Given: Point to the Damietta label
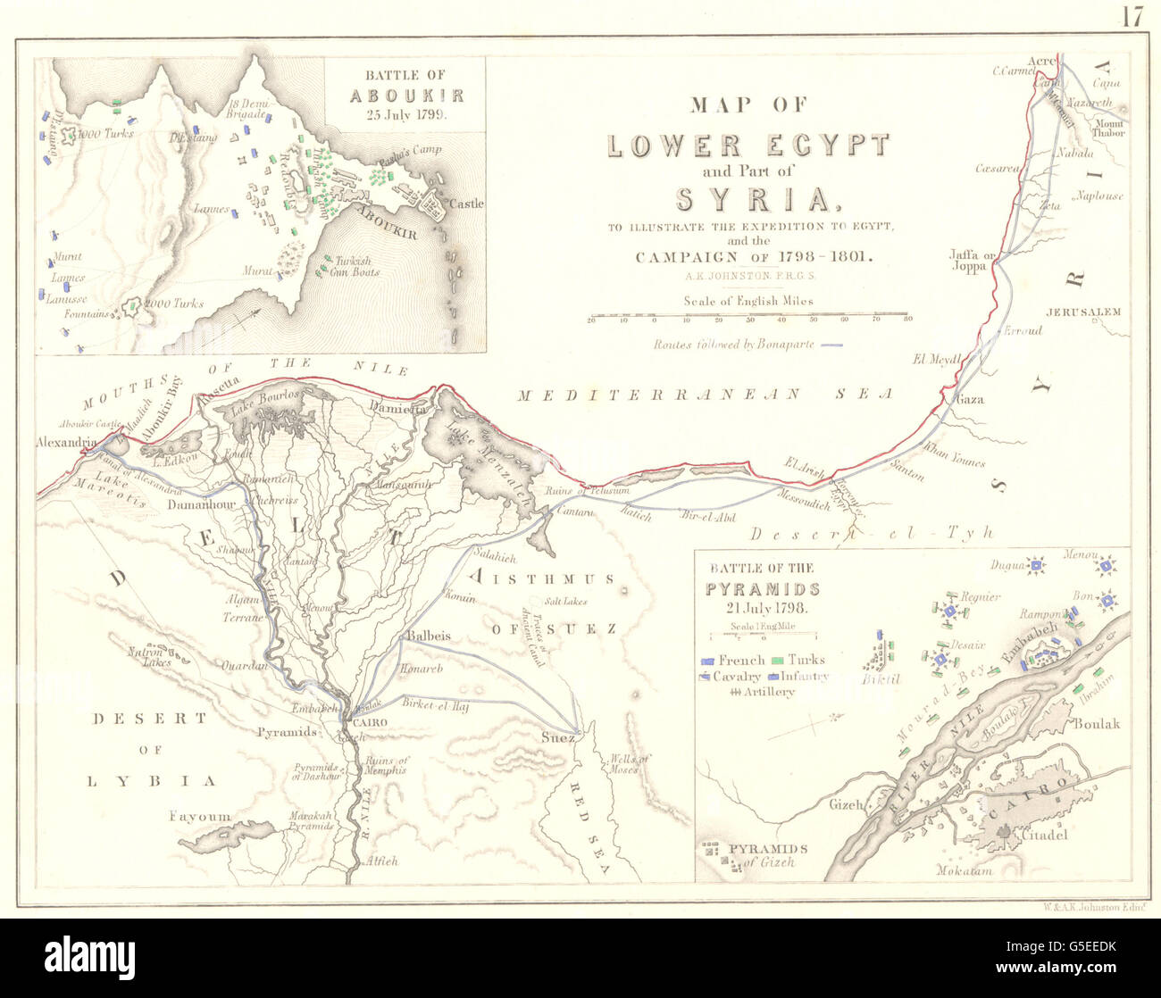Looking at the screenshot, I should [x=396, y=407].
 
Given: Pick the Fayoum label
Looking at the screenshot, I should [x=201, y=816].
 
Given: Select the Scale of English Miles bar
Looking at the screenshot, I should [x=748, y=316].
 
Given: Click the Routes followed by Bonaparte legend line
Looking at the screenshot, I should [x=831, y=345].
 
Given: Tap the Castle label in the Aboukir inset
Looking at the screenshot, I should [x=465, y=204].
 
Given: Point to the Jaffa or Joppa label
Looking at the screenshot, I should [x=972, y=260].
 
